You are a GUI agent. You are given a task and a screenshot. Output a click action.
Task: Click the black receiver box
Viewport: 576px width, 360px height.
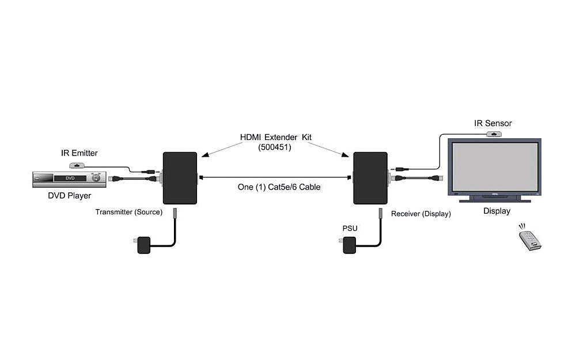[370, 178]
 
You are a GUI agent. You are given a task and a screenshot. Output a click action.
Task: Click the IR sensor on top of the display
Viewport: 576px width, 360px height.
[494, 134]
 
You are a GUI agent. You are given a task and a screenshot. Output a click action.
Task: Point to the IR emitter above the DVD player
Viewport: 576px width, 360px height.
[77, 165]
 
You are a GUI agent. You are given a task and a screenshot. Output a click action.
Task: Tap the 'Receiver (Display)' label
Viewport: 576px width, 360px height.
[420, 214]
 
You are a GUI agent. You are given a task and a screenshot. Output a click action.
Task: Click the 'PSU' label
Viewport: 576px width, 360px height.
[350, 229]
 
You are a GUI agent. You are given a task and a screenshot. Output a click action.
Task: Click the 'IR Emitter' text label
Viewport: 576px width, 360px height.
[79, 153]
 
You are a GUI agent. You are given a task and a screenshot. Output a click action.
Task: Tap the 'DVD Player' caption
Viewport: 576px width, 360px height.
[69, 196]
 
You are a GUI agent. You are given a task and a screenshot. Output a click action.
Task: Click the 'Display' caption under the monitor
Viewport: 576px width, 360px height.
[497, 211]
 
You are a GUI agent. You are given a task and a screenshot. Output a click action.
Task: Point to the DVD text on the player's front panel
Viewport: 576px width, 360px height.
[70, 179]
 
